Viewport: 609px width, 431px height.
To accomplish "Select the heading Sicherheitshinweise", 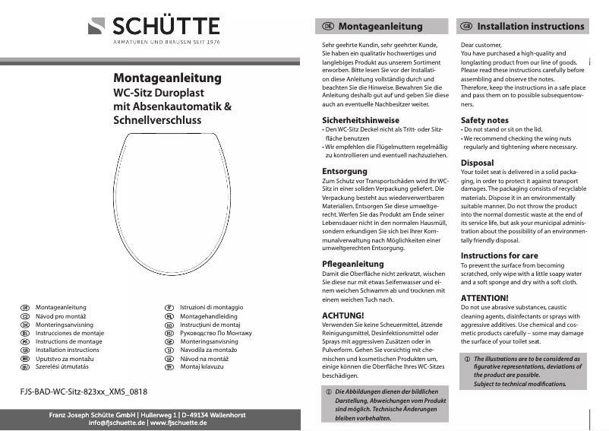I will (x=361, y=120).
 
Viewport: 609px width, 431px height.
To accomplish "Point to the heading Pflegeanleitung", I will (x=353, y=264).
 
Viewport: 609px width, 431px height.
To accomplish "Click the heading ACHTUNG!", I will (x=344, y=315).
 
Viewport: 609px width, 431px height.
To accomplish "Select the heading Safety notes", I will (x=484, y=120).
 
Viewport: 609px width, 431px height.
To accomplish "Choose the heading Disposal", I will (x=477, y=163).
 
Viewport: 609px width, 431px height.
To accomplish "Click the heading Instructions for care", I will (x=499, y=255).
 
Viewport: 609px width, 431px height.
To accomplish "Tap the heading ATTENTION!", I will (x=484, y=297).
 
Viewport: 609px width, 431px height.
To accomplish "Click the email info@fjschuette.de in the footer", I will (x=116, y=422).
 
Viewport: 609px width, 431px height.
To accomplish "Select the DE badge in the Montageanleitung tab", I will (x=328, y=26).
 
